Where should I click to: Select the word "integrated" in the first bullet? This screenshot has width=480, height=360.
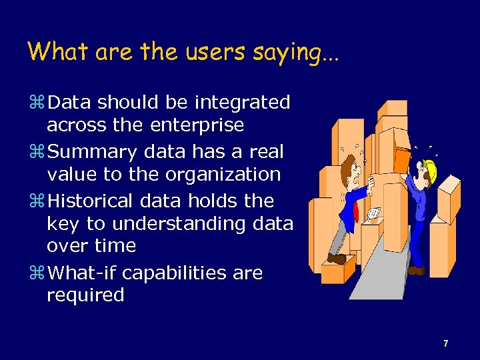point(242,103)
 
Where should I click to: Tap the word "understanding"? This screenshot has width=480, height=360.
point(165,224)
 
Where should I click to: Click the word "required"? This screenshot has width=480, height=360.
point(85,295)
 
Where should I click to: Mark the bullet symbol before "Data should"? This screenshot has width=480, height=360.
point(37,103)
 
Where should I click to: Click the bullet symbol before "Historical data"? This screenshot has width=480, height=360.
point(37,201)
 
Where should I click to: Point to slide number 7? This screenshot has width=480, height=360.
point(445,343)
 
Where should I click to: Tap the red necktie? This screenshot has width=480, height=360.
point(357,213)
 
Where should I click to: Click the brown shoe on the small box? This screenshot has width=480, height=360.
point(337,258)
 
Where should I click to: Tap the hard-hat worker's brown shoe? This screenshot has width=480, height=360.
point(416,271)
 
